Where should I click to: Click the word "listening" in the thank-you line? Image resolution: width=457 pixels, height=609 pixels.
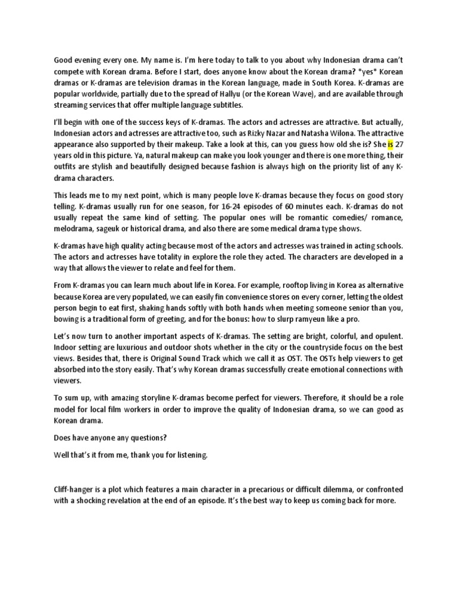[x=189, y=455]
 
